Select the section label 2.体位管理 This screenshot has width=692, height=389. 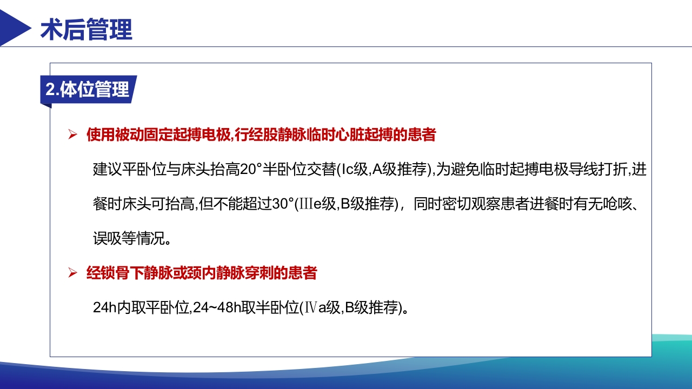click(x=88, y=90)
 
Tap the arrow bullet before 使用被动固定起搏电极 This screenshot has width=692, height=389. click(x=73, y=135)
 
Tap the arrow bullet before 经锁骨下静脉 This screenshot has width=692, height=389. click(x=73, y=273)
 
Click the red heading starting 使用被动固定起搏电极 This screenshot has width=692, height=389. click(x=261, y=135)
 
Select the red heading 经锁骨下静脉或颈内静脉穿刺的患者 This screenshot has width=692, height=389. click(x=202, y=273)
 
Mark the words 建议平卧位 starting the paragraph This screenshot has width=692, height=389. click(x=122, y=170)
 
